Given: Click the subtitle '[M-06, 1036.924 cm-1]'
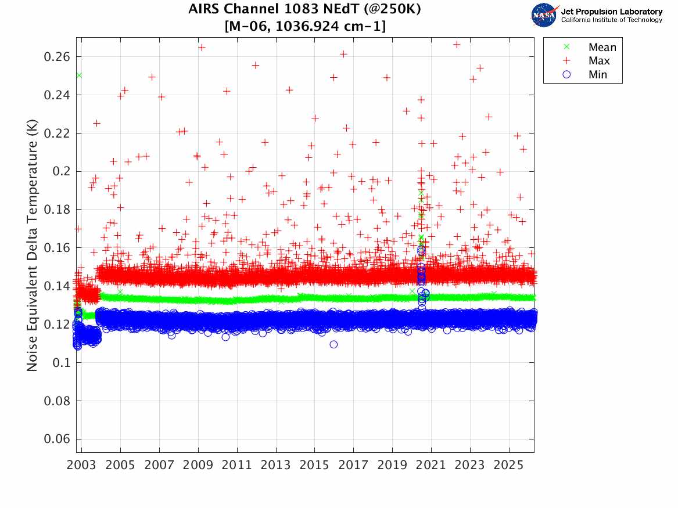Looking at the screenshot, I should coord(304,26).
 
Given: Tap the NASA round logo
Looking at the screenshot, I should coord(544,15).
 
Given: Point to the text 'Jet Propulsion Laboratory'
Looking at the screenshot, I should coord(611,12).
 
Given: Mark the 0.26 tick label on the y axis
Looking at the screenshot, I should coord(58,57).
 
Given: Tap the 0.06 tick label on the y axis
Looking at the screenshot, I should coord(58,439).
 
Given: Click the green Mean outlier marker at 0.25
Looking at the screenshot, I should coord(79,75).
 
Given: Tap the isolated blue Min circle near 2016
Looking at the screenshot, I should coord(333,344).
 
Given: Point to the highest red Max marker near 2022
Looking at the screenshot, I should coord(457,44).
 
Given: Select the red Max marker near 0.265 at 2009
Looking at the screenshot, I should coord(202,48).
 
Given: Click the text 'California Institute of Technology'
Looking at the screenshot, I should coord(611,20).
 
